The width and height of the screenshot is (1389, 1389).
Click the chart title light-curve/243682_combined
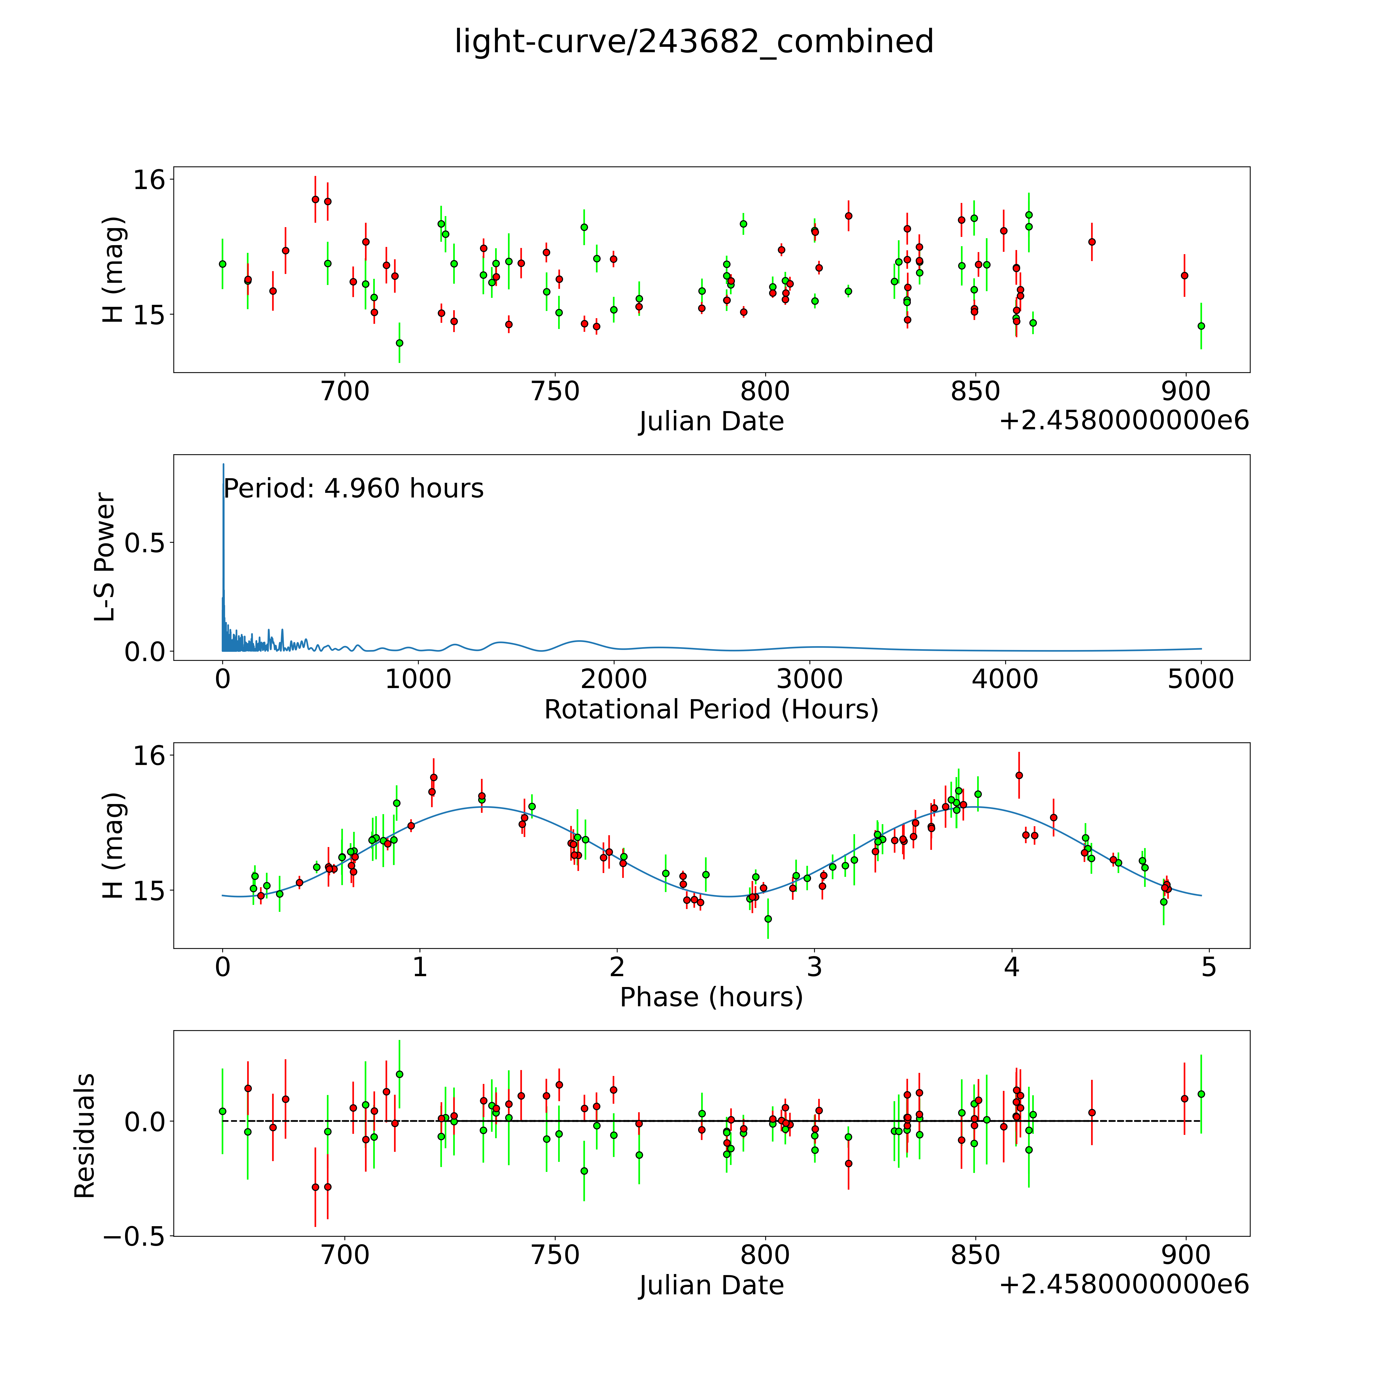coord(694,42)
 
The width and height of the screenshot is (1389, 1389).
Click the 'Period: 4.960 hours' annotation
coord(353,489)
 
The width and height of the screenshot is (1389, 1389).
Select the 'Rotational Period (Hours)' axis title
coord(711,710)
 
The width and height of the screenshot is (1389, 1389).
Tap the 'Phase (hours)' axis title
coord(711,997)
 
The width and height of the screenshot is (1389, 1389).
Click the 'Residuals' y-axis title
coord(85,1136)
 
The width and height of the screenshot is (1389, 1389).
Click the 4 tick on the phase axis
coord(1012,967)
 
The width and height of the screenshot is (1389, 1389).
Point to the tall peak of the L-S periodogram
coord(223,466)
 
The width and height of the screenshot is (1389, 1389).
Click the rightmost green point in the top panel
coord(1201,326)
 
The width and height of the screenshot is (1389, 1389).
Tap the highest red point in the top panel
coord(315,199)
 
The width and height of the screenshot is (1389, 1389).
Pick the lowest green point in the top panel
coord(400,343)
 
